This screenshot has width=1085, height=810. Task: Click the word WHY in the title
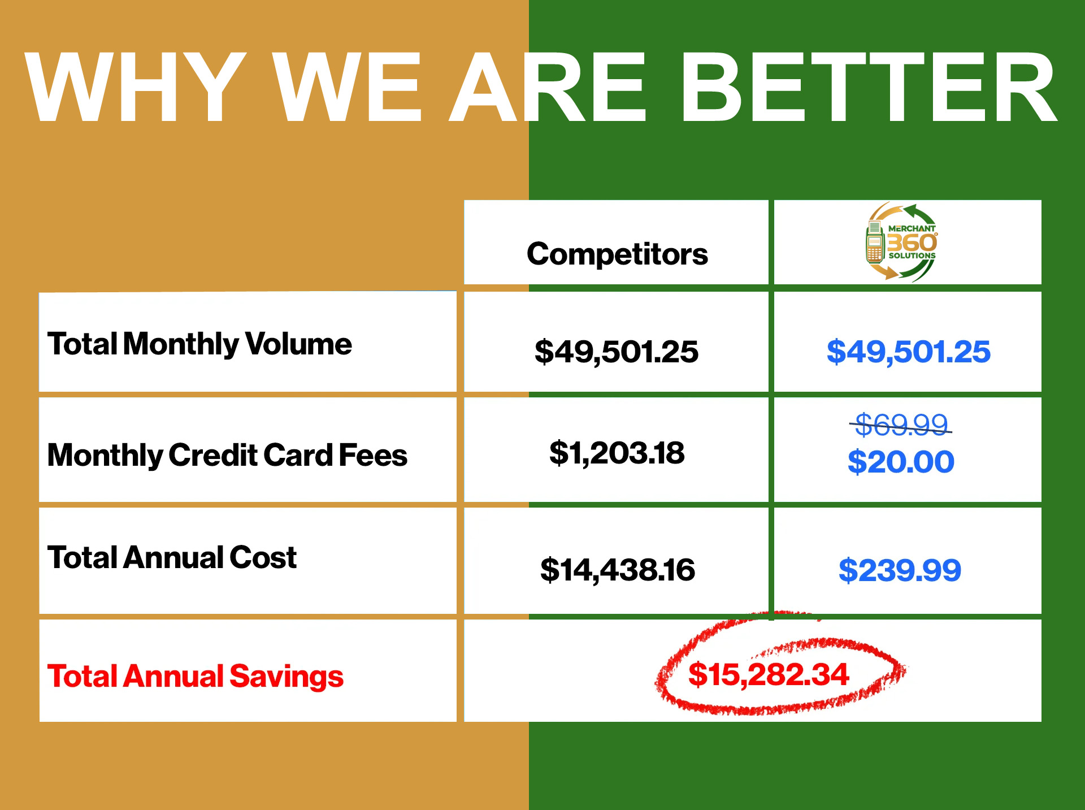(136, 87)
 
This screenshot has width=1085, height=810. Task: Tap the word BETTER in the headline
(869, 87)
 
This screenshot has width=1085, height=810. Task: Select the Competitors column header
(617, 254)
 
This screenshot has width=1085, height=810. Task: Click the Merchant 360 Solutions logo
(901, 242)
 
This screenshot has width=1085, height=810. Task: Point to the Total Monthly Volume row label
(199, 344)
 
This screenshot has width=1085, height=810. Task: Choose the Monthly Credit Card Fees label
(227, 455)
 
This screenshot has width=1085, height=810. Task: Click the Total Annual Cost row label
(172, 557)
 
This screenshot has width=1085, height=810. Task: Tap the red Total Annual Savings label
(196, 676)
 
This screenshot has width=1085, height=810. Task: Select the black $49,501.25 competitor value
(617, 352)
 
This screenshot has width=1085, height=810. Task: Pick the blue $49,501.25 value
(908, 352)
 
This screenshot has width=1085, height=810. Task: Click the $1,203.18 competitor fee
(617, 453)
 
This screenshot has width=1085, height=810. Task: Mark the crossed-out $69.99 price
(901, 425)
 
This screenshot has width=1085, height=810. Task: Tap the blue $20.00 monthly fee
(901, 462)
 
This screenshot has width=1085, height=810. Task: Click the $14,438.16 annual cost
(617, 570)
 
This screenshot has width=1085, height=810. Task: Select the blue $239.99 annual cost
(900, 570)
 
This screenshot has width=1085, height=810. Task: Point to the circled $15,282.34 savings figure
(769, 674)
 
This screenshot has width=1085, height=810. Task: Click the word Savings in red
(287, 676)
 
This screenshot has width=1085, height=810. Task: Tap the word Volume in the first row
(298, 344)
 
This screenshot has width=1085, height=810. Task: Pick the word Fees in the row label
(373, 455)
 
